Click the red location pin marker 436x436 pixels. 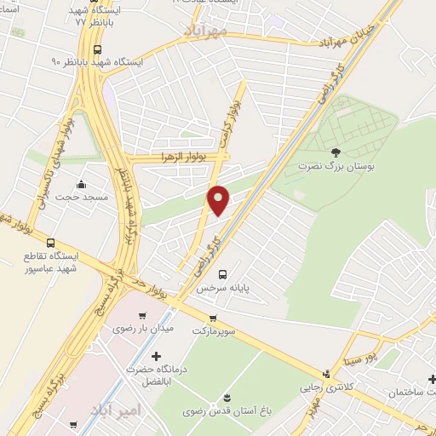[219, 200]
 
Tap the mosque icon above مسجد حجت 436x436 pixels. [81, 185]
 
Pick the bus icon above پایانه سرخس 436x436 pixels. [222, 274]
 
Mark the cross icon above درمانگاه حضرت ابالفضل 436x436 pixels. [154, 356]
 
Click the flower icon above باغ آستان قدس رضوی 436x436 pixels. [227, 398]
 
